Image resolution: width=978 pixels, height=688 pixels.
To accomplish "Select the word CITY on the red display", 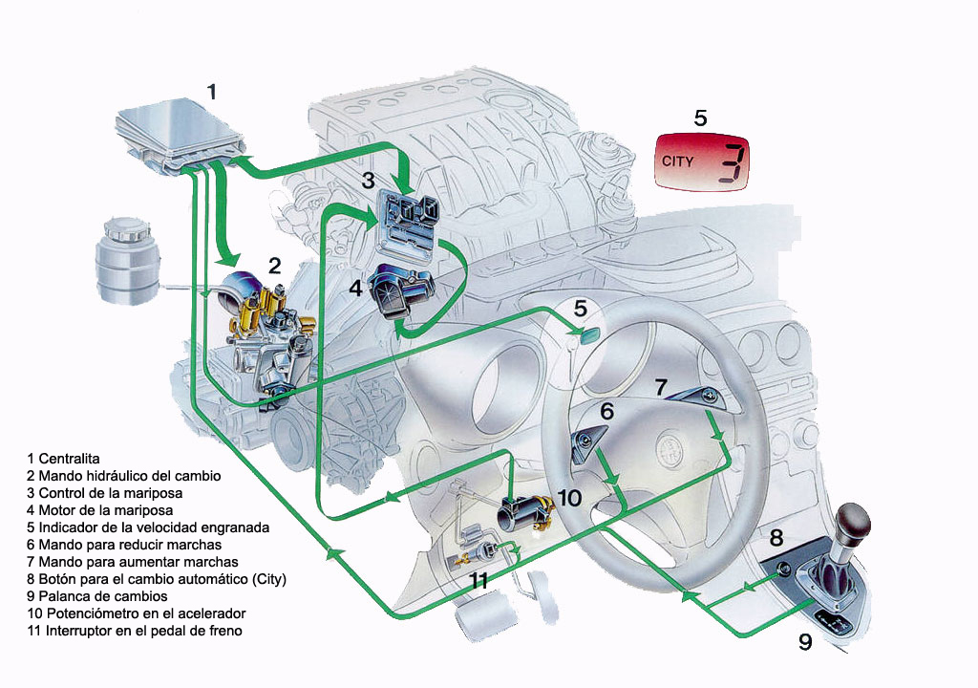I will click(x=678, y=161).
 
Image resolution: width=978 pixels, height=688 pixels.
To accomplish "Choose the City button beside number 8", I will click(x=782, y=570).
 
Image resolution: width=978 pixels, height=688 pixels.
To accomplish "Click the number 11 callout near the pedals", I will click(x=478, y=580).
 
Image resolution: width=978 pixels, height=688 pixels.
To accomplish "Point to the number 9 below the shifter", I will click(x=805, y=643).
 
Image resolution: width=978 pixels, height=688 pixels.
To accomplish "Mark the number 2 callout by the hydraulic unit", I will click(x=274, y=267).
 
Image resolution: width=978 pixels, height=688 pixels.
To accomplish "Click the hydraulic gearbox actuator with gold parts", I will click(x=263, y=330).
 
